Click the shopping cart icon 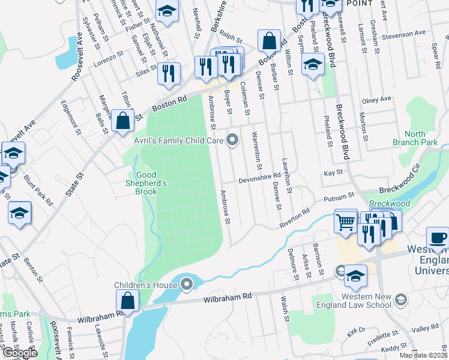(346, 221)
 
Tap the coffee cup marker (438, 237)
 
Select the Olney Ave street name (376, 99)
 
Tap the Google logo (19, 353)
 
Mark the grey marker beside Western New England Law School (400, 298)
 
